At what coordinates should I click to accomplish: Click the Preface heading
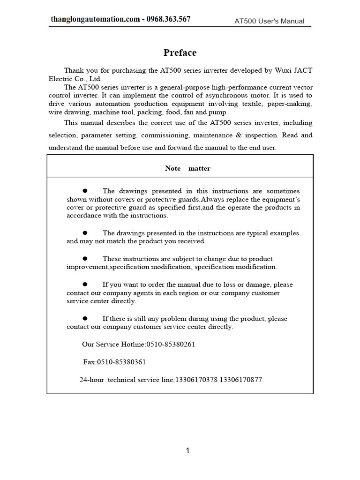click(180, 52)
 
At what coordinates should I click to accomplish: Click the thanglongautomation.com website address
click(95, 19)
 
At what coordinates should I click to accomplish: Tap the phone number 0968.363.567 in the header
click(168, 19)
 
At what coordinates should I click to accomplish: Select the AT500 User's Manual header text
click(270, 21)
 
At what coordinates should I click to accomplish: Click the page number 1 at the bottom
click(187, 450)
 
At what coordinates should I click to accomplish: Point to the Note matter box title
click(187, 168)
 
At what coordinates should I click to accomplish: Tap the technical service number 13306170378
click(196, 380)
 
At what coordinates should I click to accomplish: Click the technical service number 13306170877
click(240, 380)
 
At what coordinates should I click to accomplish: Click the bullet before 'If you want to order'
click(85, 284)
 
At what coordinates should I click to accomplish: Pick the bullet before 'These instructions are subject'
click(85, 258)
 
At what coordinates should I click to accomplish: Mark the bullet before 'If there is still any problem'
click(85, 318)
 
